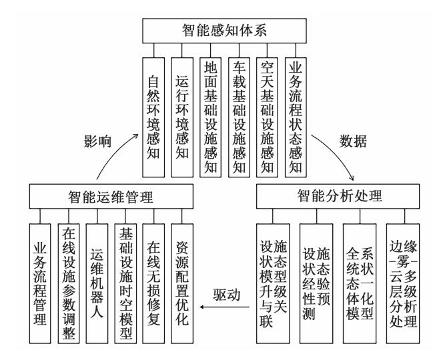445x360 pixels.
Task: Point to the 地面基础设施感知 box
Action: (211, 116)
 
